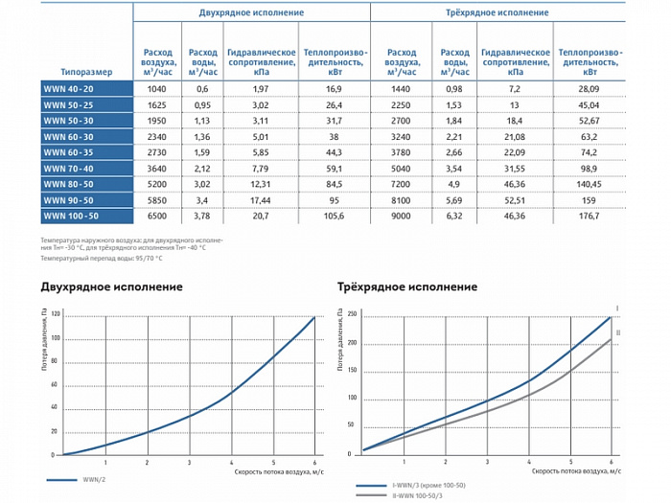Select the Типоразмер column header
point(85,71)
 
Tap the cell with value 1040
point(153,87)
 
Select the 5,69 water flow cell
point(452,199)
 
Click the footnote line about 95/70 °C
point(102,258)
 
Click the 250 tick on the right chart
point(352,314)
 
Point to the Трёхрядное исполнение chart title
point(407,286)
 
